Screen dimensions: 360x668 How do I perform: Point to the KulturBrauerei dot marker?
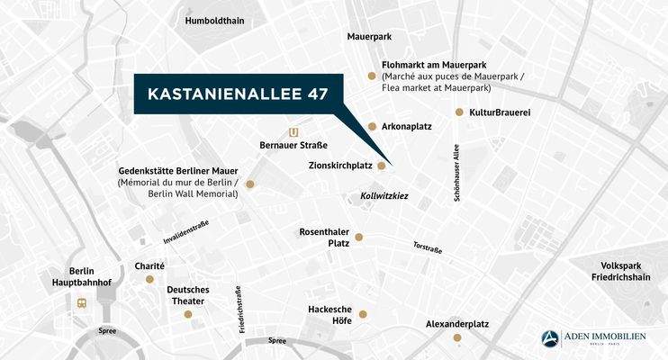point(459,112)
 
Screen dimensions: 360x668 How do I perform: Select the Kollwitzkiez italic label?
point(377,194)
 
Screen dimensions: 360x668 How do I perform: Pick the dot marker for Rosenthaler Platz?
point(358,238)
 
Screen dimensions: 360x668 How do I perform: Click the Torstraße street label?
point(427,247)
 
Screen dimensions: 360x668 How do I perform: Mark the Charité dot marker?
point(150,279)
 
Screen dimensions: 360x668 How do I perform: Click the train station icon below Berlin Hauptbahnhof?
point(82,302)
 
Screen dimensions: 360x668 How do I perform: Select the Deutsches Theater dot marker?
point(187,314)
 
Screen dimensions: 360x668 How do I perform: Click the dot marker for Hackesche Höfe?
point(363,314)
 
